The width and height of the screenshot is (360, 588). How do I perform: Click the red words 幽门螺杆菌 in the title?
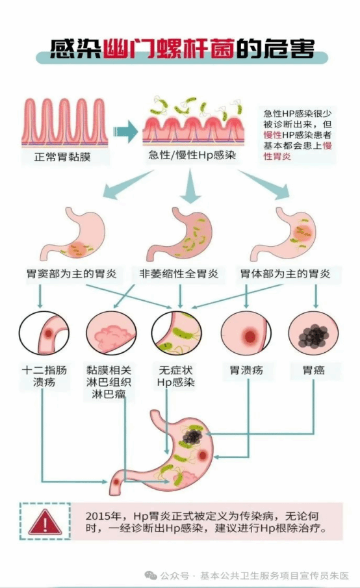click(x=169, y=49)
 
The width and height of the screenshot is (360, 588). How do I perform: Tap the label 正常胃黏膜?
click(x=62, y=157)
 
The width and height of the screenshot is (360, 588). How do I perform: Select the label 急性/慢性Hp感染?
click(x=192, y=155)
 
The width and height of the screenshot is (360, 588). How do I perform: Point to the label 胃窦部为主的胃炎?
click(x=71, y=274)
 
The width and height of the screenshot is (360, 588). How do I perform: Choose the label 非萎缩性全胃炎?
click(x=179, y=274)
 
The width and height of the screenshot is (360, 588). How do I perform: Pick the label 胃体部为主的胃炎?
click(x=285, y=274)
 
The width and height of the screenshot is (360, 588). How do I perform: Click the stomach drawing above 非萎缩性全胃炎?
click(x=180, y=235)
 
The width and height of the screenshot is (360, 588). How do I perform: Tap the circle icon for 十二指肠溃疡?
click(x=44, y=333)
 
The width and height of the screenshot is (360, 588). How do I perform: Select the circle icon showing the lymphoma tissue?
click(x=111, y=333)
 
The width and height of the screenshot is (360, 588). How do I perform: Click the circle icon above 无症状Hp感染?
click(x=177, y=333)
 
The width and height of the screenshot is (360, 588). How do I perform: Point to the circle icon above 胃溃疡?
click(x=246, y=333)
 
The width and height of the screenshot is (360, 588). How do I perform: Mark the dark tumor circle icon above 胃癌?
click(x=313, y=333)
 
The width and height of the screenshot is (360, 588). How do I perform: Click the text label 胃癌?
click(x=313, y=370)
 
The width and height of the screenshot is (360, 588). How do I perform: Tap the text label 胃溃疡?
click(x=246, y=370)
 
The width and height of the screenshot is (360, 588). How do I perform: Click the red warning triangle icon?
click(x=45, y=522)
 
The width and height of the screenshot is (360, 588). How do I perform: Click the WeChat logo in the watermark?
click(x=151, y=575)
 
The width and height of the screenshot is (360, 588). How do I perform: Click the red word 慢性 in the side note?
click(x=272, y=135)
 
